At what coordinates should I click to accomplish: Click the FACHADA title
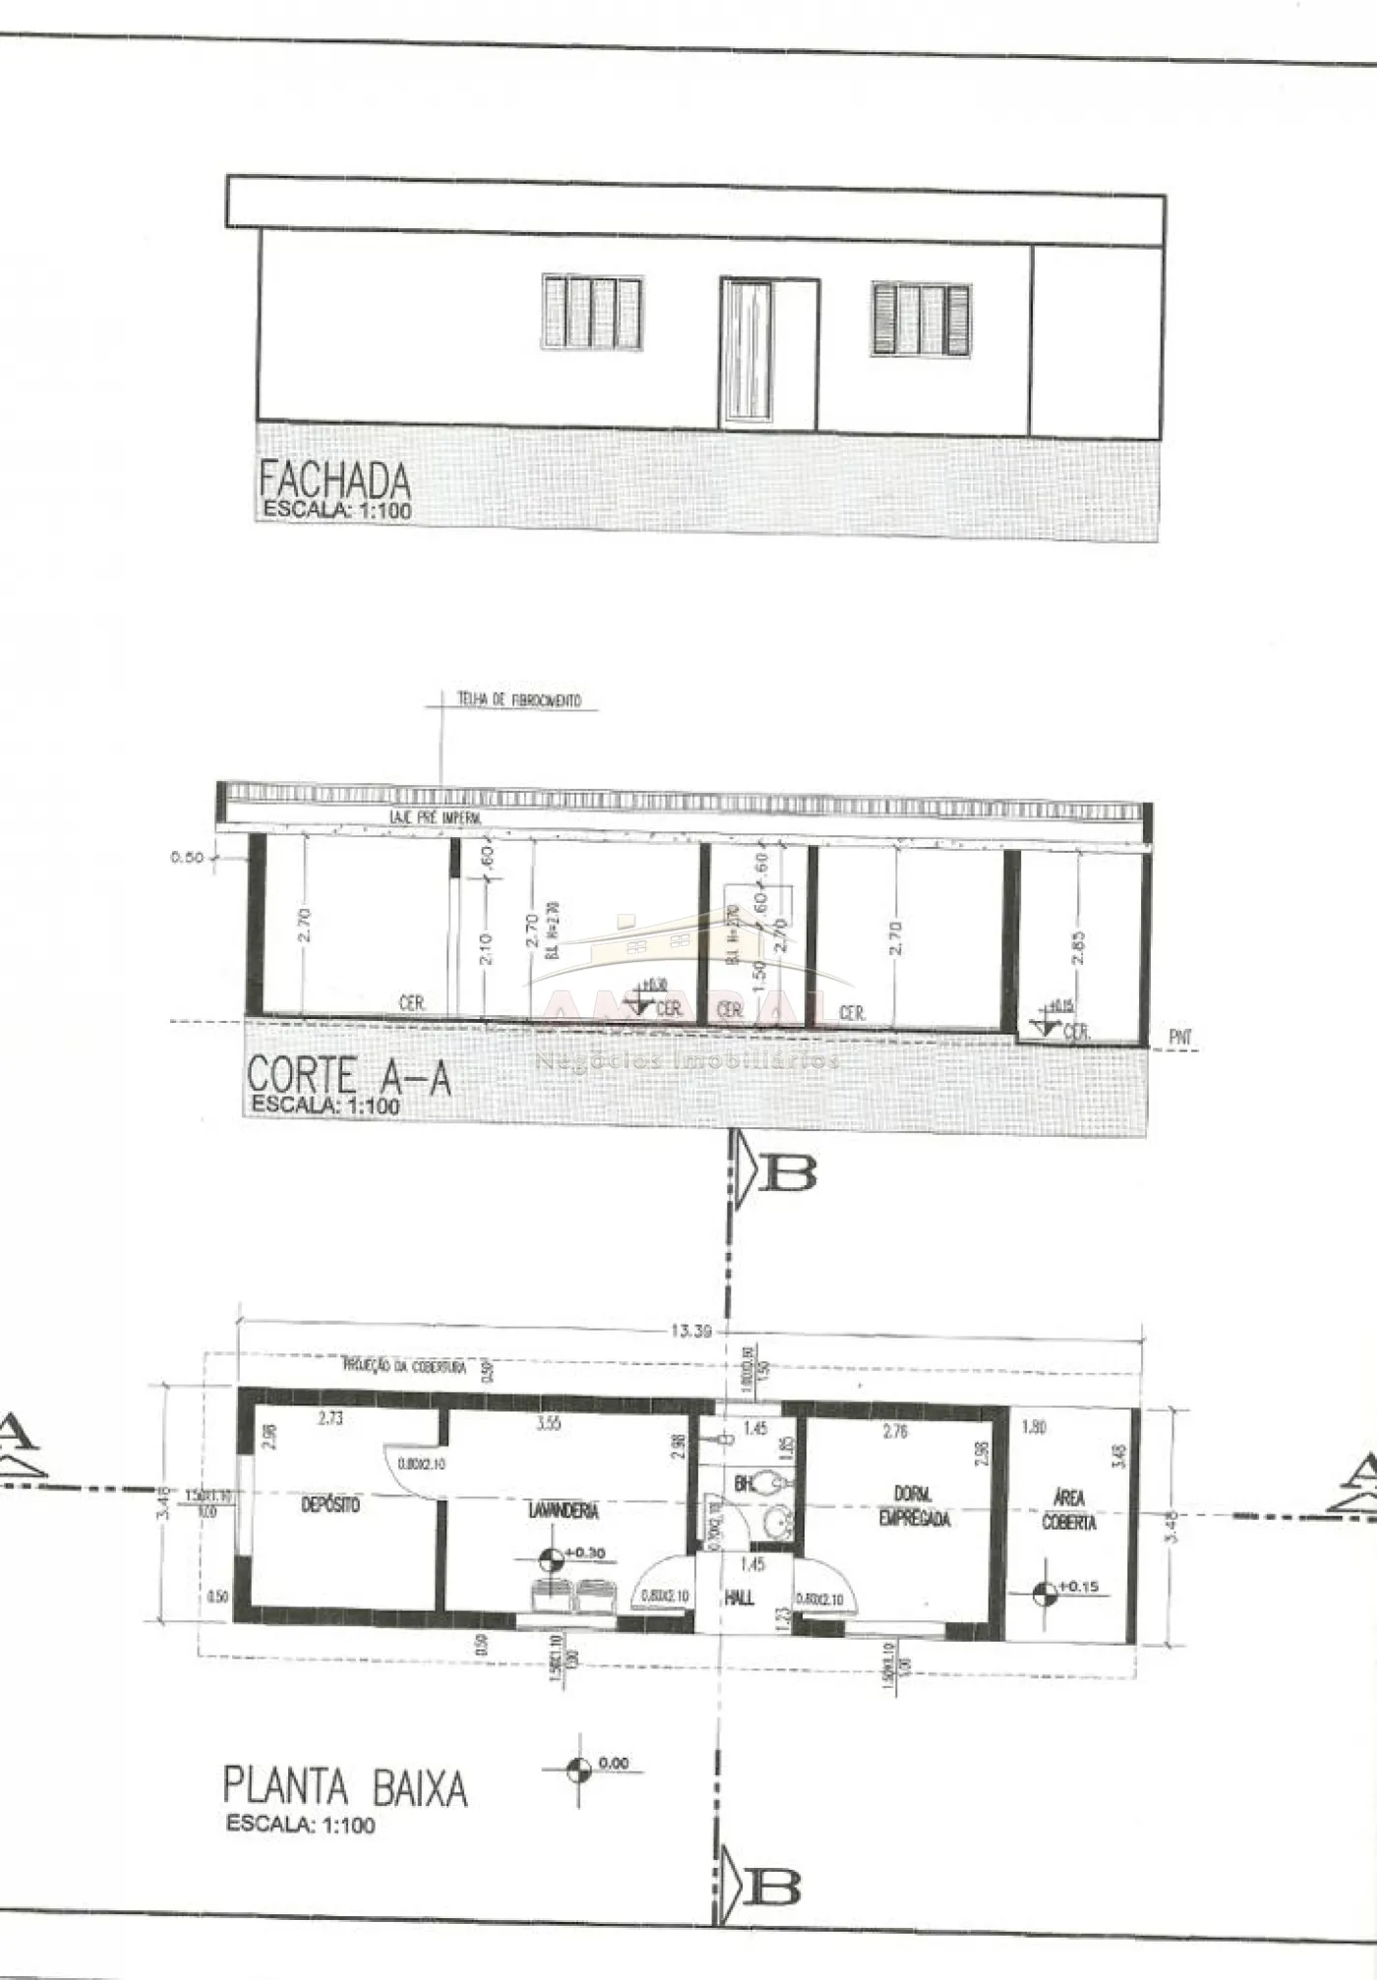[334, 481]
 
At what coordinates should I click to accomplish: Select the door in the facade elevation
[768, 354]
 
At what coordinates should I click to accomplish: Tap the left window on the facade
[592, 312]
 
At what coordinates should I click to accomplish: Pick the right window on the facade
[921, 319]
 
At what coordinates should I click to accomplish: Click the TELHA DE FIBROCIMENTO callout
[518, 700]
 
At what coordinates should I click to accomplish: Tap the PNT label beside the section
[1180, 1037]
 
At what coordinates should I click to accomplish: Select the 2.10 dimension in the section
[487, 948]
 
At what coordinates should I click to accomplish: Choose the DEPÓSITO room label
[330, 1505]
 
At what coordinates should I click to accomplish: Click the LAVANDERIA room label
[563, 1510]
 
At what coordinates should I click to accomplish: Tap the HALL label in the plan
[739, 1598]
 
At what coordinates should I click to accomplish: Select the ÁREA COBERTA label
[1068, 1510]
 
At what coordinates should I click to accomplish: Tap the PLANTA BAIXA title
[344, 1786]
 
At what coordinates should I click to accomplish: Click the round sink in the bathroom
[782, 1524]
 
